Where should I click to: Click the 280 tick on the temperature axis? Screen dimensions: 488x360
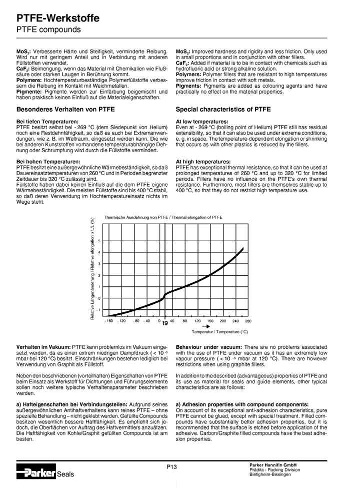tap(248, 321)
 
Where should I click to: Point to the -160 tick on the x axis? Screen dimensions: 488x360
tap(108, 321)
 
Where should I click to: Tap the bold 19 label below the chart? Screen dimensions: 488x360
tap(164, 324)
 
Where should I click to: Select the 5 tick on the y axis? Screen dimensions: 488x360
tap(99, 241)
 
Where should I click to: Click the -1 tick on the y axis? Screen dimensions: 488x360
tap(98, 310)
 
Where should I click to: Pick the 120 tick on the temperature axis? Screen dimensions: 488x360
tap(197, 321)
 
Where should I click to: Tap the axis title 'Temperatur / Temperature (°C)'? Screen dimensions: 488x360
tap(219, 332)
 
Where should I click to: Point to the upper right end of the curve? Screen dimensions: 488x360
tap(243, 248)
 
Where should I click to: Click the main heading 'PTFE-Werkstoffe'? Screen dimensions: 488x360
tap(58, 19)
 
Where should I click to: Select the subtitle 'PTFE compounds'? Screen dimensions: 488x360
tap(48, 30)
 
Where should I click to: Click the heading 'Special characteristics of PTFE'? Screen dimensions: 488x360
tap(223, 109)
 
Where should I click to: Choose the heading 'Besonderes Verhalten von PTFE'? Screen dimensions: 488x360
tap(65, 109)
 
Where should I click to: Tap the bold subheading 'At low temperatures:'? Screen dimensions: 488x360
tap(202, 122)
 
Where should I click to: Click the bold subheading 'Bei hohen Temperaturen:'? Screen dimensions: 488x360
tap(48, 162)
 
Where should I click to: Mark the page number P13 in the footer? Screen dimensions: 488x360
tap(172, 467)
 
